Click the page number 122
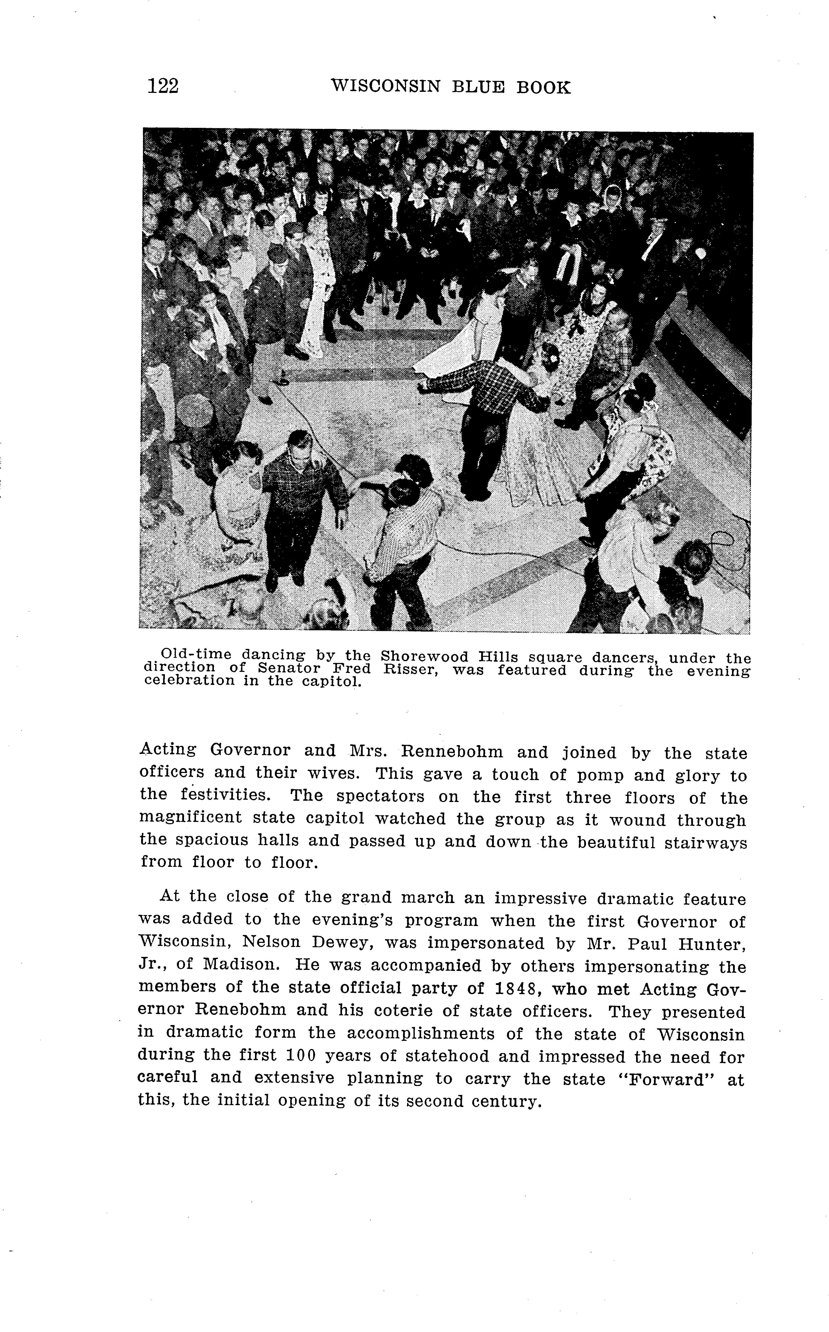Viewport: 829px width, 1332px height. click(163, 87)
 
